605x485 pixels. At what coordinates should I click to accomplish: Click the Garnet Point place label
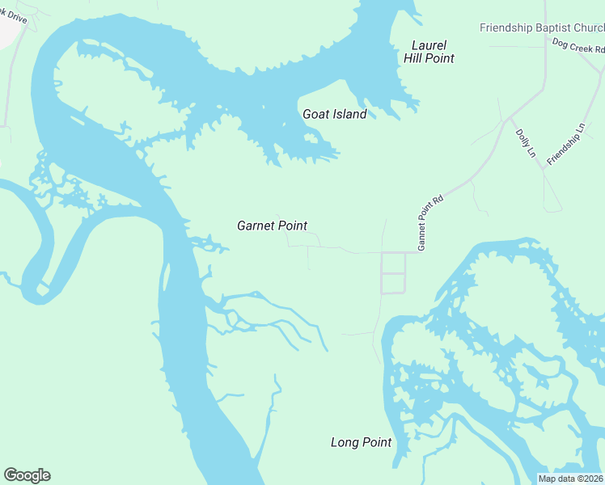click(272, 226)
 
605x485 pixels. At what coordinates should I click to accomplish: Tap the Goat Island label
click(334, 114)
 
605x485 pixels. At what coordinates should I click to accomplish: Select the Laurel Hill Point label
click(429, 52)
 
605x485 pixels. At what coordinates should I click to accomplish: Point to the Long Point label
click(361, 442)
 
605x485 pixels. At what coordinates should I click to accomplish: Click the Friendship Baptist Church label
click(542, 27)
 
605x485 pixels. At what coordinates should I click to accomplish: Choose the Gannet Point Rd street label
click(430, 222)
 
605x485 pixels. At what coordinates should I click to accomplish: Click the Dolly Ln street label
click(526, 143)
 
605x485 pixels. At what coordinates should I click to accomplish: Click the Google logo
click(27, 475)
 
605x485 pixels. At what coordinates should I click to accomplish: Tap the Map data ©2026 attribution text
click(571, 479)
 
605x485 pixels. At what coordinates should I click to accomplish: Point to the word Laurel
click(429, 45)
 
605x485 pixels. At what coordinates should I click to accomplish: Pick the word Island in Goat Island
click(349, 114)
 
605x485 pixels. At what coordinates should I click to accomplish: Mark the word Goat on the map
click(315, 114)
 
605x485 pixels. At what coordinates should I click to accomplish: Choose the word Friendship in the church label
click(507, 27)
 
